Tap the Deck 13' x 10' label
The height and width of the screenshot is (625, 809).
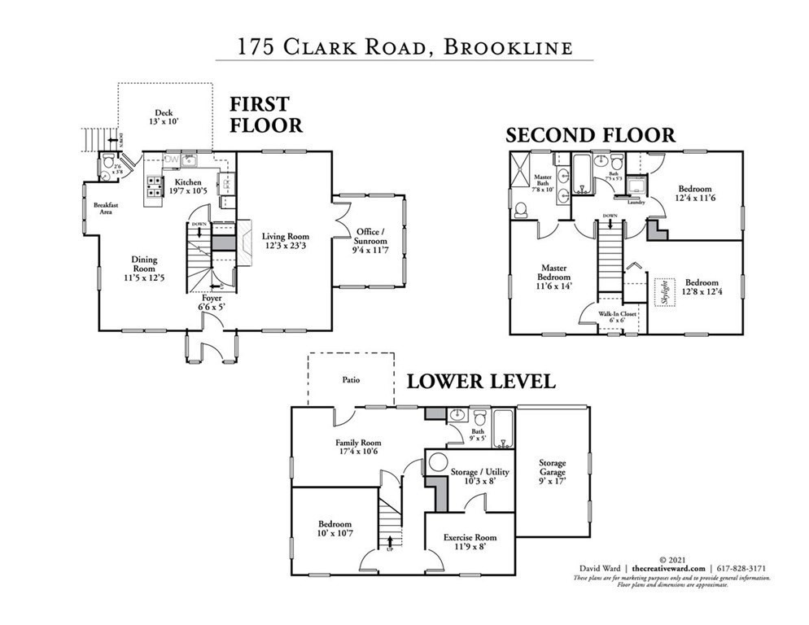point(164,117)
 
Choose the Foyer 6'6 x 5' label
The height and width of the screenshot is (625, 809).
point(212,303)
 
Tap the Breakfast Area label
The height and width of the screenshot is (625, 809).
point(106,208)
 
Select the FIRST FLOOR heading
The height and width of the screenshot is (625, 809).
point(265,115)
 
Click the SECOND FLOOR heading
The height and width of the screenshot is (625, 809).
point(591,135)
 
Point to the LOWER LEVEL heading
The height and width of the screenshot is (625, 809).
point(481,381)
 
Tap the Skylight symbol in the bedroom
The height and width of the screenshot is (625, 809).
point(664,291)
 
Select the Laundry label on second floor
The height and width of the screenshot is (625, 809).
point(635,202)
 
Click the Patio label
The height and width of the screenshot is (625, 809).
point(352,379)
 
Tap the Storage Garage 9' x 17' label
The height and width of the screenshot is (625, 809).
point(552,472)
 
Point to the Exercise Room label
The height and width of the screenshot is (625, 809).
point(469,543)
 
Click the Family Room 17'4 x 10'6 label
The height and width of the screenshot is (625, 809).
point(358,448)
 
